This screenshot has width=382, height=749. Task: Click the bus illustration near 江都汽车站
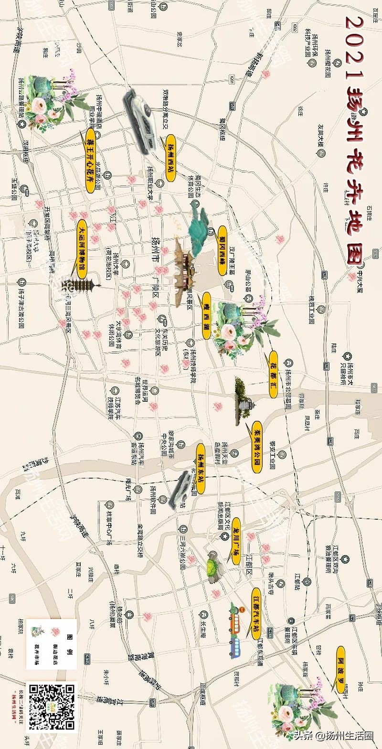click(x=235, y=630)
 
